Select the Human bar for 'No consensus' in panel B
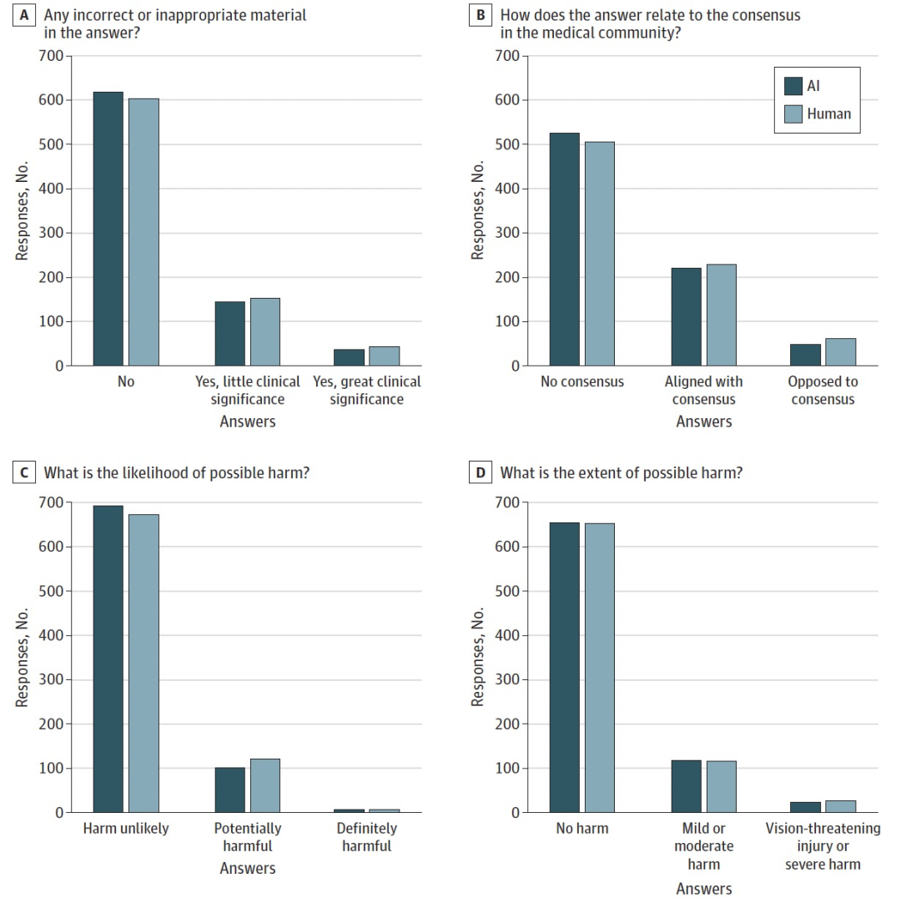pyautogui.click(x=599, y=254)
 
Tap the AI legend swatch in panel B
pyautogui.click(x=793, y=86)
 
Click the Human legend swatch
pyautogui.click(x=793, y=114)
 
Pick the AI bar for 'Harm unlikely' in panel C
pyautogui.click(x=108, y=658)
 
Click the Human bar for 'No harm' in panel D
pyautogui.click(x=599, y=668)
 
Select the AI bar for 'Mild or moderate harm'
pyautogui.click(x=687, y=786)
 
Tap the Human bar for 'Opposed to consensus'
pyautogui.click(x=840, y=352)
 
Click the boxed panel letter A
pyautogui.click(x=24, y=16)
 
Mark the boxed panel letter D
pyautogui.click(x=480, y=473)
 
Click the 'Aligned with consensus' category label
pyautogui.click(x=703, y=390)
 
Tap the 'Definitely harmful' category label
pyautogui.click(x=366, y=836)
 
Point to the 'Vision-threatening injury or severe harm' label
pyautogui.click(x=823, y=845)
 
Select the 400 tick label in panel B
pyautogui.click(x=508, y=189)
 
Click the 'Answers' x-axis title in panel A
pyautogui.click(x=248, y=421)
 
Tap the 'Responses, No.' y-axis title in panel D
pyautogui.click(x=478, y=658)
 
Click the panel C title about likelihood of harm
pyautogui.click(x=177, y=473)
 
